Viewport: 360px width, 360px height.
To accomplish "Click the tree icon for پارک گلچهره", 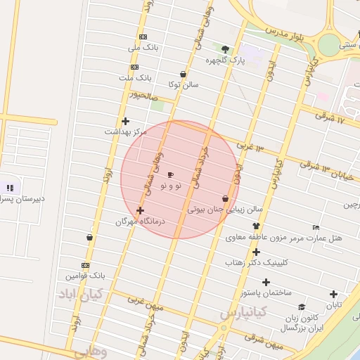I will click(x=225, y=49).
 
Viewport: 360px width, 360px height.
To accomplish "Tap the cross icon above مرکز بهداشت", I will click(x=125, y=121).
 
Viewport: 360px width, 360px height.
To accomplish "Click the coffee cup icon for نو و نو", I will click(x=171, y=174).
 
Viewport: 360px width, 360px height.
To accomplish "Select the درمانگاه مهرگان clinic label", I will click(x=139, y=221).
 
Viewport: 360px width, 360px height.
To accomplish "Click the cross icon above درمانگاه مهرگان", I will click(x=140, y=210).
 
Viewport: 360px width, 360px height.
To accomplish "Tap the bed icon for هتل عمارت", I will click(x=316, y=227).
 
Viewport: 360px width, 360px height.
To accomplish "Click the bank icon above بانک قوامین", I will click(x=85, y=265).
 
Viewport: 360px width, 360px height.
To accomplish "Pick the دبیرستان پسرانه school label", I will click(x=21, y=199).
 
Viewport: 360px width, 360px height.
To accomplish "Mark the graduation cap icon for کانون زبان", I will click(x=302, y=307).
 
